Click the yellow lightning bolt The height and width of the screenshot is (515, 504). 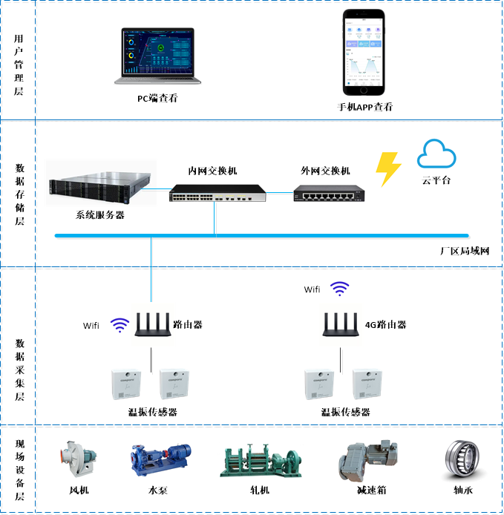click(x=388, y=168)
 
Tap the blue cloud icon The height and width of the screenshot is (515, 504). click(x=436, y=154)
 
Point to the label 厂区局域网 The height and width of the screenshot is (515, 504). click(x=464, y=251)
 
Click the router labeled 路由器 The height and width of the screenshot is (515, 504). click(x=151, y=324)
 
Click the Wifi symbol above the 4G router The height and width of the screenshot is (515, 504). click(x=339, y=288)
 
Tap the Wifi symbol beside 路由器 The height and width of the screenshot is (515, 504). click(x=119, y=324)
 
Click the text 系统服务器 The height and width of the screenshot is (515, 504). click(x=100, y=215)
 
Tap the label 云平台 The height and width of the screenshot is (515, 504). click(x=436, y=180)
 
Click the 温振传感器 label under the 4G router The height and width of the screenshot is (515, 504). click(x=345, y=412)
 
